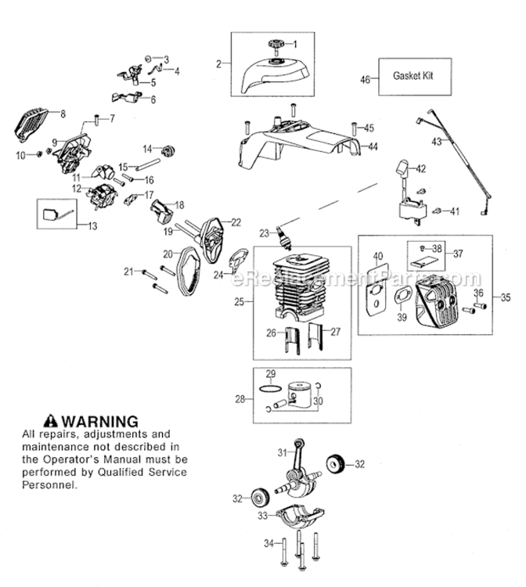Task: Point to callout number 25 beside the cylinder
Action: click(241, 301)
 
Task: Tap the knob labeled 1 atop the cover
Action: click(277, 45)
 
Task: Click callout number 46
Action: click(365, 78)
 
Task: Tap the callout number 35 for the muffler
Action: click(505, 297)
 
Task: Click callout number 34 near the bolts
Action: click(268, 543)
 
